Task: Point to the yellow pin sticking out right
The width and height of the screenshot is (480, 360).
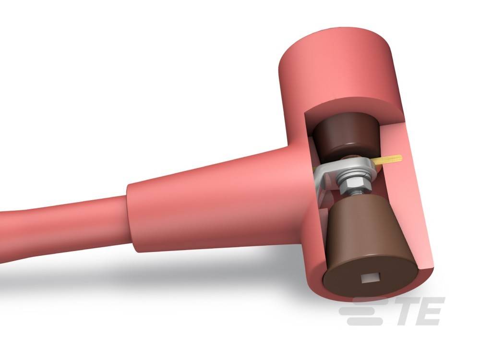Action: click(x=391, y=159)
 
